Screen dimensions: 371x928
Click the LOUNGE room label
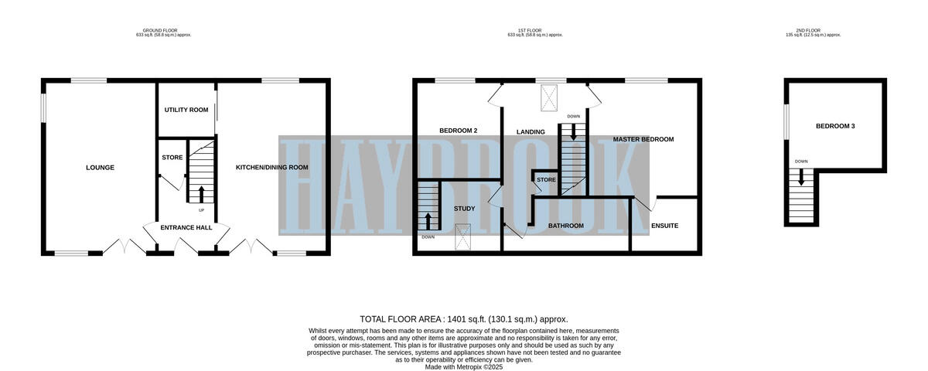click(x=101, y=168)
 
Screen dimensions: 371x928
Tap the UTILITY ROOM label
click(x=186, y=111)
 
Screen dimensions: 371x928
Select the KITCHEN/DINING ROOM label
click(x=271, y=168)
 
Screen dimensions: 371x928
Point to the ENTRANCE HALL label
click(x=186, y=228)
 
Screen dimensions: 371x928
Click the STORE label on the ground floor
click(x=172, y=158)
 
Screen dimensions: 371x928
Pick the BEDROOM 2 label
click(x=458, y=131)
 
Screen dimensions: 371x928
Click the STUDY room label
click(x=464, y=209)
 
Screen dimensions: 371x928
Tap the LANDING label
click(x=531, y=132)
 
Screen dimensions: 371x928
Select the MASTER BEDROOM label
click(x=643, y=140)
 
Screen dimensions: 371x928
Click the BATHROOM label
click(x=565, y=226)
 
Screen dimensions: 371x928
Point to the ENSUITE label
click(x=664, y=226)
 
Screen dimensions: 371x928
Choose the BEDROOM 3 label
click(x=835, y=126)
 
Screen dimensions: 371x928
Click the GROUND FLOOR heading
click(x=162, y=31)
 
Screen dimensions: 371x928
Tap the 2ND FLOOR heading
click(x=813, y=31)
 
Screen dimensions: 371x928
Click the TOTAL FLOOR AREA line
click(x=464, y=319)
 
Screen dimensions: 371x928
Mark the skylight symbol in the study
click(x=464, y=237)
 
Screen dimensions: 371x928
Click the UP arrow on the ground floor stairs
click(x=202, y=193)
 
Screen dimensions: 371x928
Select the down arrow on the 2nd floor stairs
click(x=801, y=176)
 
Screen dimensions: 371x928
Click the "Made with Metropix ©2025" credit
click(x=464, y=367)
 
